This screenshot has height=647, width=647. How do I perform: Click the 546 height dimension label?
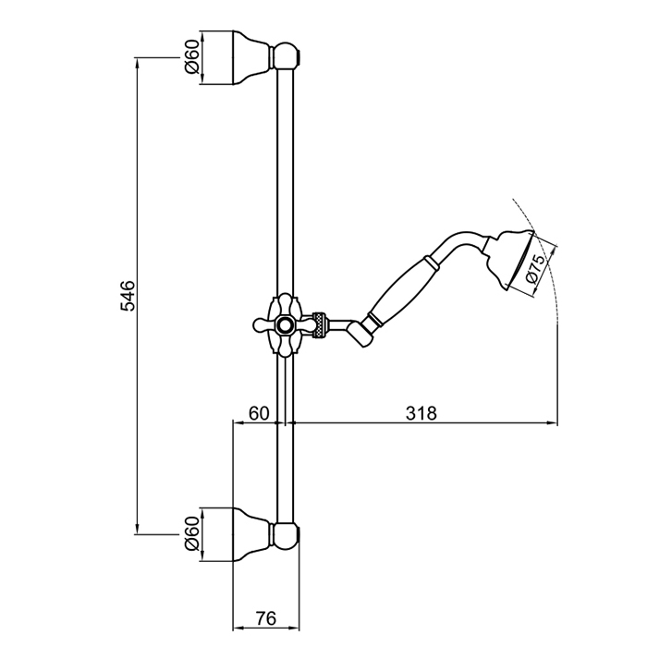point(128,296)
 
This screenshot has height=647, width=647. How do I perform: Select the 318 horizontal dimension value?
point(421,412)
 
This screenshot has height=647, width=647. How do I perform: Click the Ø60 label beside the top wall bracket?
point(192,57)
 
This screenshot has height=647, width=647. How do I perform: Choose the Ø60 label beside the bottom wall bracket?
point(192,533)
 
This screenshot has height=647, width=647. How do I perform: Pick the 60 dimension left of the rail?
point(259,412)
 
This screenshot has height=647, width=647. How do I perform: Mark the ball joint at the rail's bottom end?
point(287,536)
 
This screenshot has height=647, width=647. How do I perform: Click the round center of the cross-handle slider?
point(284,325)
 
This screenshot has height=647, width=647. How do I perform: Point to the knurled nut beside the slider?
point(320,325)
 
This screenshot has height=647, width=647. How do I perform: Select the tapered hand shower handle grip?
point(402,292)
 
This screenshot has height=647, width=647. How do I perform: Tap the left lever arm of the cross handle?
point(262,325)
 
